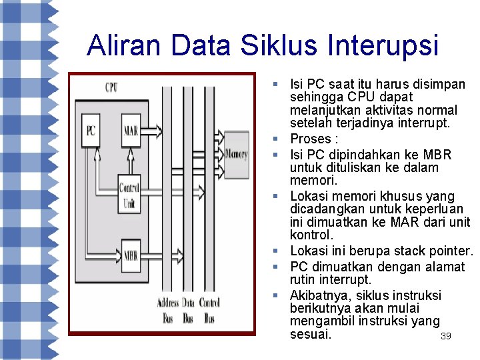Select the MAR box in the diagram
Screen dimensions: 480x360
click(x=131, y=129)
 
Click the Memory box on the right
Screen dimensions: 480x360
click(x=236, y=155)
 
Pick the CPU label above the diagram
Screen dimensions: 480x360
click(x=111, y=87)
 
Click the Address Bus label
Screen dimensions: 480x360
click(x=168, y=310)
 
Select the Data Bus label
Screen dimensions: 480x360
click(x=188, y=310)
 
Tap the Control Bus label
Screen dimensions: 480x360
click(x=209, y=310)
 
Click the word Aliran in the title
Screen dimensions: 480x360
click(x=125, y=45)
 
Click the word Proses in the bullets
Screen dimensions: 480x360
click(x=310, y=139)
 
